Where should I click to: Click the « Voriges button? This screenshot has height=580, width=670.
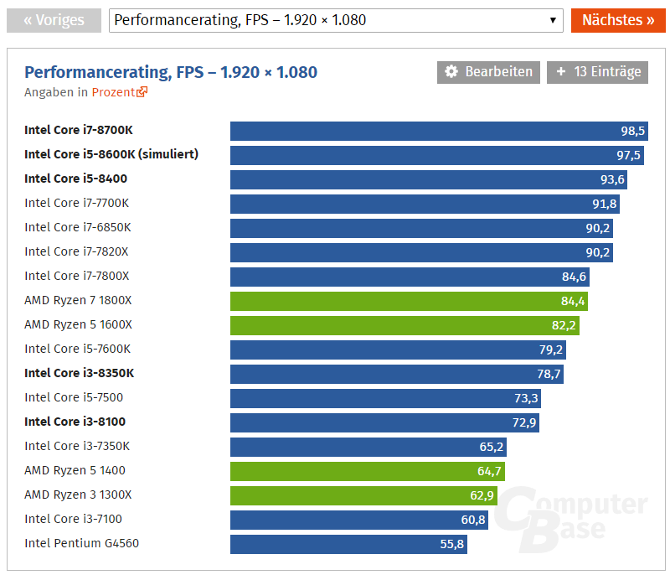[x=54, y=20]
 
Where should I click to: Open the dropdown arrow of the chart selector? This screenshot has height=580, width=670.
[x=553, y=20]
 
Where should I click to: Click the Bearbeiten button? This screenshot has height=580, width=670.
[x=489, y=72]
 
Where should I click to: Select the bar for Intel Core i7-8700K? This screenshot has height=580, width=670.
[x=439, y=131]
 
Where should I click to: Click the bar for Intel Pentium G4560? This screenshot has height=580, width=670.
[x=348, y=544]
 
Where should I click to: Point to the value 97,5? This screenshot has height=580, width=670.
[x=629, y=155]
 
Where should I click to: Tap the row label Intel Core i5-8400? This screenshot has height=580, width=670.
[x=76, y=179]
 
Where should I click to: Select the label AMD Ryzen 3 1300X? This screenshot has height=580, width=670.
[x=78, y=495]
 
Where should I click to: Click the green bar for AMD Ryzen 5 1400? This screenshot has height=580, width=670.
[x=368, y=471]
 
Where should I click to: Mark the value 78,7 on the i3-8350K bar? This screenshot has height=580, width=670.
[x=549, y=374]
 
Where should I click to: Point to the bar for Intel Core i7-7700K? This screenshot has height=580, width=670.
[x=425, y=204]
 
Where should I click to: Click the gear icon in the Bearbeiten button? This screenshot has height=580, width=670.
[x=451, y=72]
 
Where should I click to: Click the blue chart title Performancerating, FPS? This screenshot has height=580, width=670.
[x=171, y=72]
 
